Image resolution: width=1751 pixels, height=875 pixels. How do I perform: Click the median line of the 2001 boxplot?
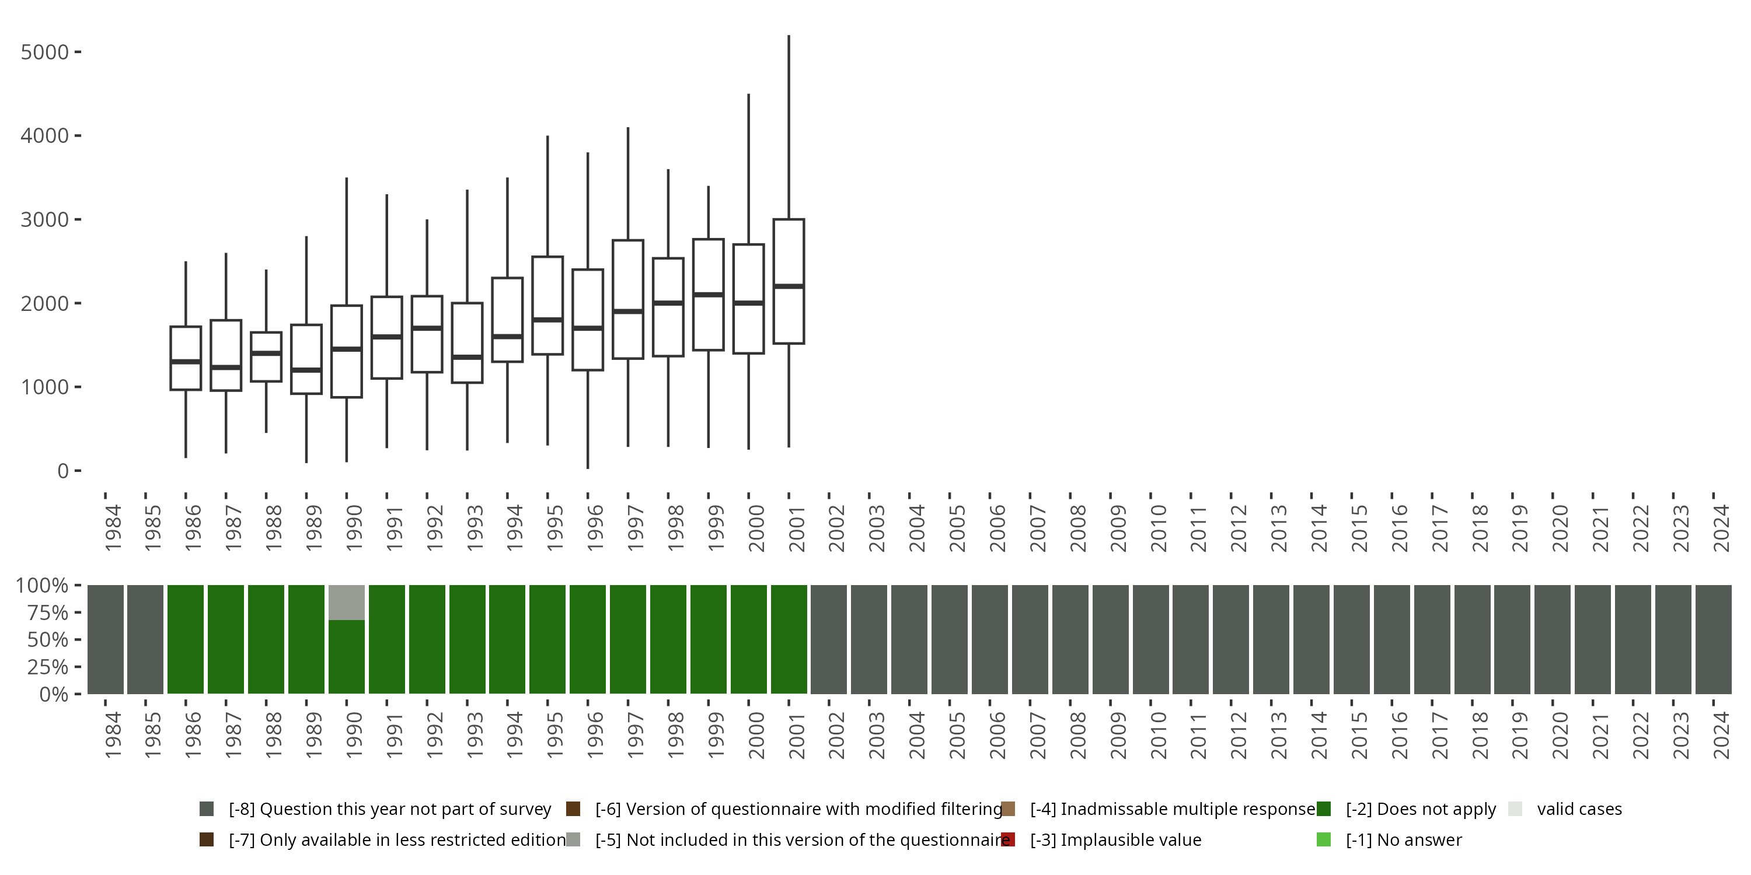789,286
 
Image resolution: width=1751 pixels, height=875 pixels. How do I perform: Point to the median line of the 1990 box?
347,348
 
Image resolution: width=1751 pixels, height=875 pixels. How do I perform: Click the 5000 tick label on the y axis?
45,52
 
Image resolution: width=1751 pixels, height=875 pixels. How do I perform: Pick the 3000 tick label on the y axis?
45,219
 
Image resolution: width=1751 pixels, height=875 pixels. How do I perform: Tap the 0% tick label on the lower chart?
53,694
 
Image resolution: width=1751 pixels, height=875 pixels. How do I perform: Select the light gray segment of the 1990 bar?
347,603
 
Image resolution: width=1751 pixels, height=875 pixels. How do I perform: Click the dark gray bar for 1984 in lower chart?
106,639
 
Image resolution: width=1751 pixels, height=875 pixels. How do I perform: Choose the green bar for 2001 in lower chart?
789,639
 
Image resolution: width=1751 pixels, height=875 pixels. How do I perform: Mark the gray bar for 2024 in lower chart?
1713,639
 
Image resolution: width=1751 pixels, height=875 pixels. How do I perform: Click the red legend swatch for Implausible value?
1008,839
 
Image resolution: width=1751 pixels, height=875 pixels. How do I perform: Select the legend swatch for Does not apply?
1323,808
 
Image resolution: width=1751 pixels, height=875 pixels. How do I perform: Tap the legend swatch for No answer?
1323,839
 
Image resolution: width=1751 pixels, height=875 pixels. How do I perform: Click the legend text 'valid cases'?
1579,808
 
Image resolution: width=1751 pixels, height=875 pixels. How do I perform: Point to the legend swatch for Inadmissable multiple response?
1008,808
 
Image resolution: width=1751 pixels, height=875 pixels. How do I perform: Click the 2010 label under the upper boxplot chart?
1158,528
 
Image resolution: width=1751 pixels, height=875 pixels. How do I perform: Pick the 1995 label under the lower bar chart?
554,735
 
